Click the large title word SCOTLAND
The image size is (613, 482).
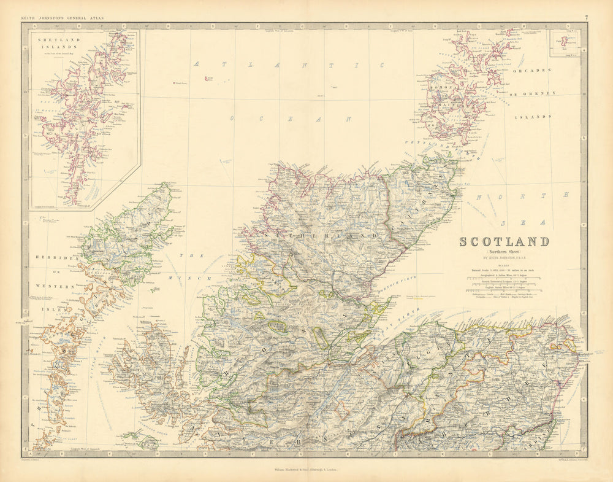tap(504, 241)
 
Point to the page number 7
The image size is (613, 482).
tap(586, 18)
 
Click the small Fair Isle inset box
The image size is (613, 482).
tap(564, 42)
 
